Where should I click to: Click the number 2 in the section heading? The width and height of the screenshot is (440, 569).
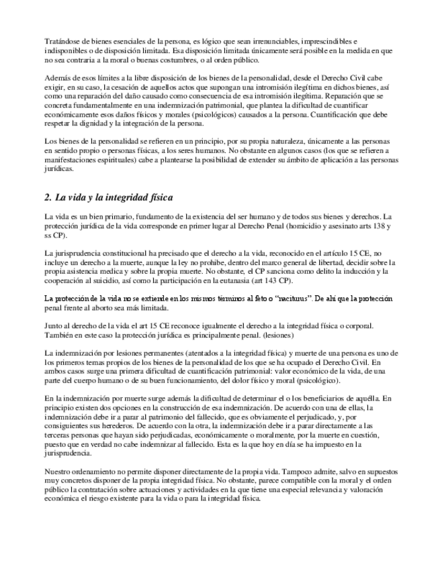click(45, 199)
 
